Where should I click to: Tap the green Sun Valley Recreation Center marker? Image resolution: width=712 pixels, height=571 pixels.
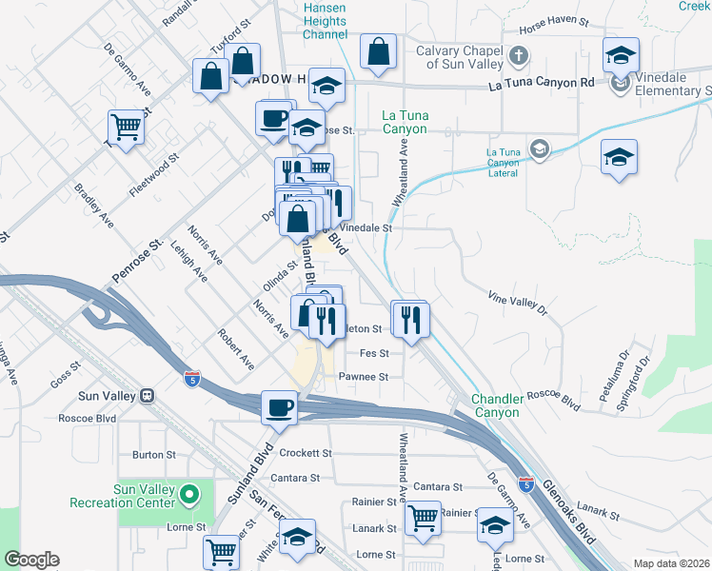(x=189, y=495)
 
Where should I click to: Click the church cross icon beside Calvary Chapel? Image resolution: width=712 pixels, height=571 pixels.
(x=520, y=54)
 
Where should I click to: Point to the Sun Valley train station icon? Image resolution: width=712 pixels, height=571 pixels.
(x=148, y=396)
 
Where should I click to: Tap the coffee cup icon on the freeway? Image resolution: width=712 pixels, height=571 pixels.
(x=279, y=406)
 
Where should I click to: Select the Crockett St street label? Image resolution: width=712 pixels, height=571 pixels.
(x=305, y=454)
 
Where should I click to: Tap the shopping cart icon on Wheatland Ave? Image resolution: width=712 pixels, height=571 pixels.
(x=423, y=518)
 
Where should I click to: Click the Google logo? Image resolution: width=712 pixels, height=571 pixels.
(x=31, y=560)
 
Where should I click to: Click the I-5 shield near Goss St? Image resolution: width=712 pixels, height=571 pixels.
(x=191, y=379)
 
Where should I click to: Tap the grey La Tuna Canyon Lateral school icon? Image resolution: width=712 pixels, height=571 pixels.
(x=540, y=148)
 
